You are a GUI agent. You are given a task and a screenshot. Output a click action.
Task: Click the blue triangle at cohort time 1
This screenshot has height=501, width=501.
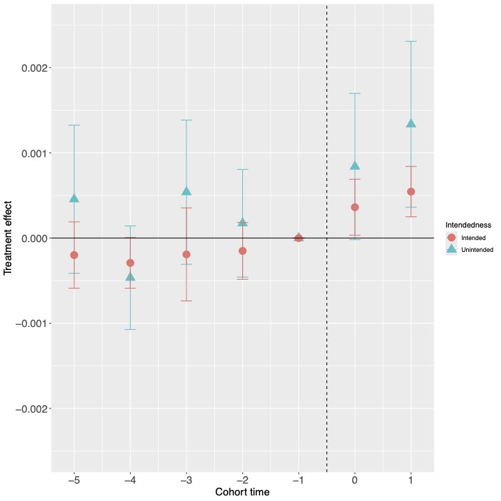411,124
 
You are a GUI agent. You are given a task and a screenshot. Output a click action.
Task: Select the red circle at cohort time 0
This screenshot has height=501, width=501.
355,207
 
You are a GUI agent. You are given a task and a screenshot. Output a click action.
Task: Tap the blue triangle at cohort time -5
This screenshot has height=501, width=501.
74,199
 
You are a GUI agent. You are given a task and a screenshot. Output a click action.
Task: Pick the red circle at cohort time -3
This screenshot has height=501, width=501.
186,255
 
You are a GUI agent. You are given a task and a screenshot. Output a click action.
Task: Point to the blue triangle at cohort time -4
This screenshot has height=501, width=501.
130,278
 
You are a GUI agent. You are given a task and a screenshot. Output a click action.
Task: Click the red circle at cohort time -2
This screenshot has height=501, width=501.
243,250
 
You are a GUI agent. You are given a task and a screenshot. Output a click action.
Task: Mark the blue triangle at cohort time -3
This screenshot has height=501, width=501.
186,191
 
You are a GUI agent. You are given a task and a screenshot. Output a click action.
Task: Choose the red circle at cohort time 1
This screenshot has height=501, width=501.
411,192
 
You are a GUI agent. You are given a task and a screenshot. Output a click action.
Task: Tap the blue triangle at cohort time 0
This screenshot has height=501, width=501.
355,166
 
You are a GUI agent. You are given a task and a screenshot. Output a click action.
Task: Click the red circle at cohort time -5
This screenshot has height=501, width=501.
74,255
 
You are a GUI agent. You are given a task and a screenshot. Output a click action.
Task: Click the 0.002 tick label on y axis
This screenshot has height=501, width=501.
30,68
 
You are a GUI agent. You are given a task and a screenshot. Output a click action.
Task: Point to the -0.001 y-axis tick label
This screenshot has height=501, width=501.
27,324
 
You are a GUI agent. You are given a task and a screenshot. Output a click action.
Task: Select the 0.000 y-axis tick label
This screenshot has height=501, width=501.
30,239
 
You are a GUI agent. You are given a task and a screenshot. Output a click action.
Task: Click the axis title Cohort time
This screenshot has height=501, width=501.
242,492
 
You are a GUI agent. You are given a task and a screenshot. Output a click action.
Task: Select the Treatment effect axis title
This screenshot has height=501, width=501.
8,239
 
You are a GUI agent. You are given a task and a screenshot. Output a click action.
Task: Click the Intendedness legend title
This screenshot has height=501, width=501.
469,225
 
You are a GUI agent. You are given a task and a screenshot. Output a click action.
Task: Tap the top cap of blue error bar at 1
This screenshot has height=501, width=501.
411,42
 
